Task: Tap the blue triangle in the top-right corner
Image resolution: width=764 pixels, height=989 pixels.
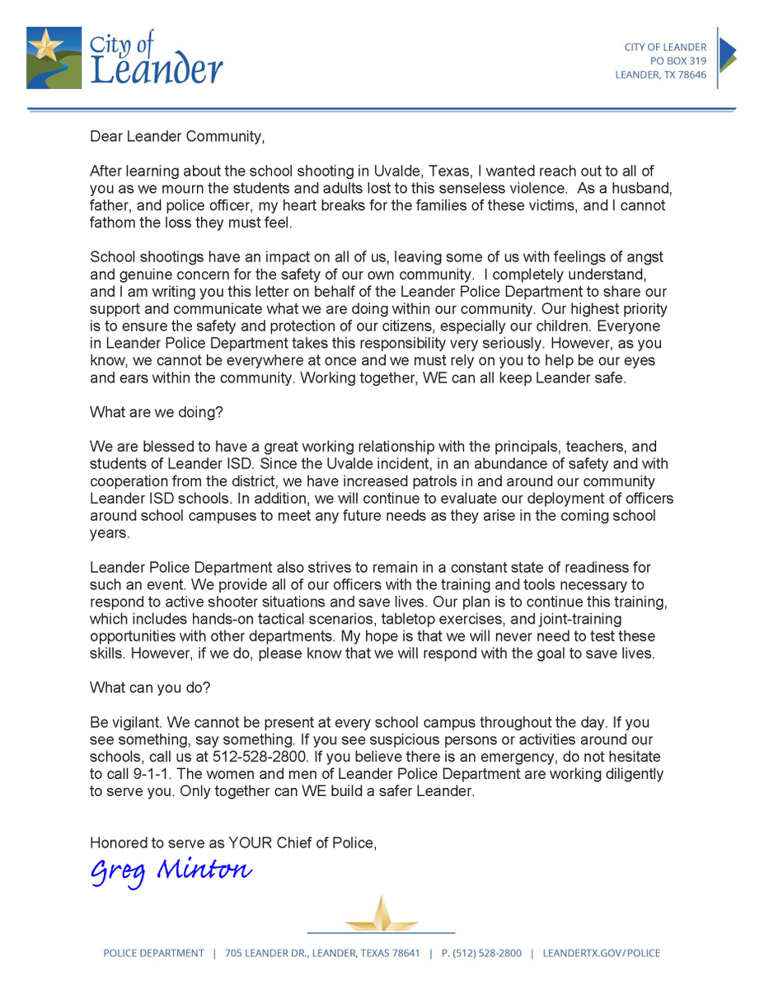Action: (x=727, y=54)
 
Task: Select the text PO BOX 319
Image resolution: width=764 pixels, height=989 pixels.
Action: (x=677, y=61)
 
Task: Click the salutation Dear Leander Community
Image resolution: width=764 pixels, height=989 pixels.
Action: (x=178, y=137)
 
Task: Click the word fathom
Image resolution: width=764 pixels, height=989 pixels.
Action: (x=112, y=223)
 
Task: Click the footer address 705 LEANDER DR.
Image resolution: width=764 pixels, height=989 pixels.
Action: (x=272, y=954)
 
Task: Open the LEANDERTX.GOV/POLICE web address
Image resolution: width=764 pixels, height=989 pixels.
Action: (x=601, y=954)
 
